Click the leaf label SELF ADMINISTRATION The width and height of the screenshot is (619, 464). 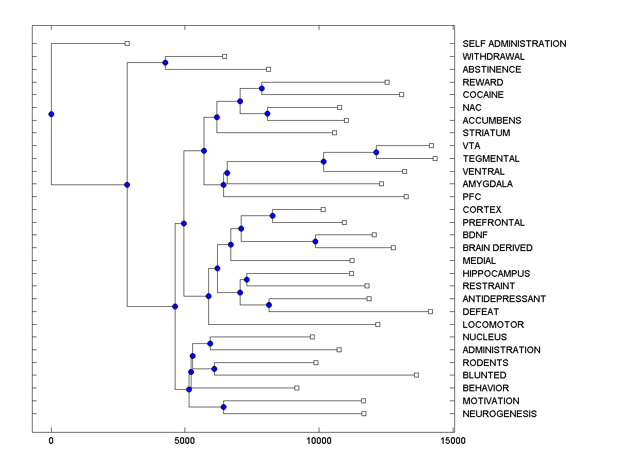coord(514,44)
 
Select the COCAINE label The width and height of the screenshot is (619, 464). coord(483,95)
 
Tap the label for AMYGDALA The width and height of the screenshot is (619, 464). coord(487,184)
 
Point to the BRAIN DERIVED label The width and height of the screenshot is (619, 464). coord(497,248)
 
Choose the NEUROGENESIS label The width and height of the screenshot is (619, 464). coord(499,414)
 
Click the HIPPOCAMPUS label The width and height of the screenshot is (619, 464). coord(496,274)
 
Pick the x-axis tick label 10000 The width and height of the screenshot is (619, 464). coord(319,441)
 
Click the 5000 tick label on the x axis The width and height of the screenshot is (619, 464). coord(185,441)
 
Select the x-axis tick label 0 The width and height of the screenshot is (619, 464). coord(51,441)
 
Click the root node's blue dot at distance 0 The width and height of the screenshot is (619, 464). coord(51,114)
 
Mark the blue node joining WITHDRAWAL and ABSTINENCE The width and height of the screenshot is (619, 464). coord(165,63)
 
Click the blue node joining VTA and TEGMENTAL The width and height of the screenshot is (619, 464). coord(376,152)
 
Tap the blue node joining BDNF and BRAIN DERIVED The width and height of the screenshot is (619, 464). coord(315,241)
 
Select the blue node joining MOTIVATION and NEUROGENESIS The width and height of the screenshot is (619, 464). coord(223,407)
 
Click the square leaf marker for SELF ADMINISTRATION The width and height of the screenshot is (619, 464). coord(127,44)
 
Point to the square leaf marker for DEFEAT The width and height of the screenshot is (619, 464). coord(430,311)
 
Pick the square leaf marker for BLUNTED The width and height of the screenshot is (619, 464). coord(416,375)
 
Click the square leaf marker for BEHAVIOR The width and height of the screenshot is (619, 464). coord(297,388)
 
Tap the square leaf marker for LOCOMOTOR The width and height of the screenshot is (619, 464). coord(378,324)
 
